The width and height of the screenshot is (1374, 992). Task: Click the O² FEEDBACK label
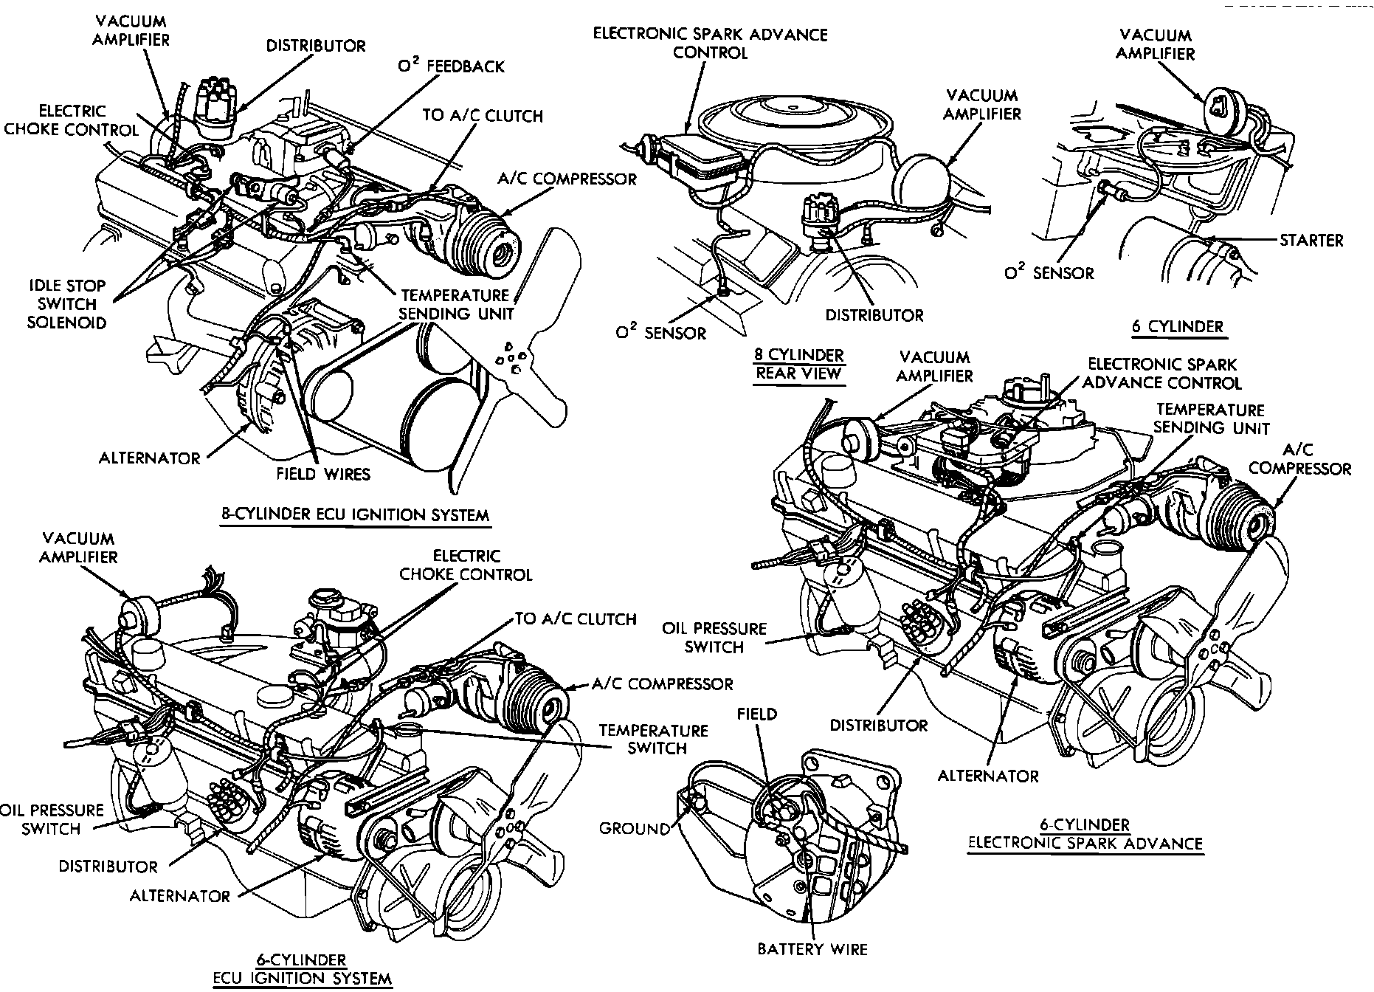tap(451, 66)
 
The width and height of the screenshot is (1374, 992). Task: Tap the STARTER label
tap(1311, 240)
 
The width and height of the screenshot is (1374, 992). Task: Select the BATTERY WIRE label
tap(812, 949)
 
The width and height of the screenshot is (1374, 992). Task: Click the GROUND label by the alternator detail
tap(634, 829)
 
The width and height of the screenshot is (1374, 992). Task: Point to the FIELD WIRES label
tap(323, 474)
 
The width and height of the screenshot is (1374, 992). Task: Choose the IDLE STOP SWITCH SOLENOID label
tap(66, 304)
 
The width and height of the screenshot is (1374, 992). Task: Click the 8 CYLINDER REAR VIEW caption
tap(798, 365)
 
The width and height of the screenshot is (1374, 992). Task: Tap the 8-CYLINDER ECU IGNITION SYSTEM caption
tap(356, 514)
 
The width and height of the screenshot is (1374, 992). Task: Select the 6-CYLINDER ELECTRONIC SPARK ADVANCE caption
tap(1085, 835)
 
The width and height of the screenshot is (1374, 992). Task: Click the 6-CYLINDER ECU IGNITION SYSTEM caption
tap(302, 970)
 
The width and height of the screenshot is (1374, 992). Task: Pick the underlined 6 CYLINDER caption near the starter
tap(1177, 326)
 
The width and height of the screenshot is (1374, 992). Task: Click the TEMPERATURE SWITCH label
tap(653, 740)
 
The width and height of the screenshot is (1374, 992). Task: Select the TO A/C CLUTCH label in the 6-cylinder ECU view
tap(576, 619)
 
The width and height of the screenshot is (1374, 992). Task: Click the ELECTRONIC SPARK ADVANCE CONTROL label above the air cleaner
tap(710, 44)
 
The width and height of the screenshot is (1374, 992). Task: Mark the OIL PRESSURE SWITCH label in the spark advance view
tap(714, 638)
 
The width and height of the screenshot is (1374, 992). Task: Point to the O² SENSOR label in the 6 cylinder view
tap(1049, 273)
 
